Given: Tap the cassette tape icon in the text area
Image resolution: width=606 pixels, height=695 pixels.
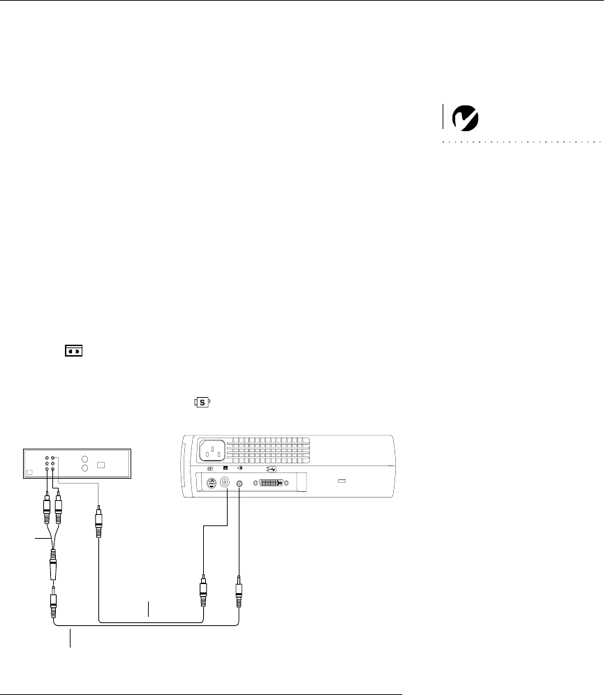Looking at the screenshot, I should point(74,351).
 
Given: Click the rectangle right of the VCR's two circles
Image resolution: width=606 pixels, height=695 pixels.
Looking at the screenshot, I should point(102,465).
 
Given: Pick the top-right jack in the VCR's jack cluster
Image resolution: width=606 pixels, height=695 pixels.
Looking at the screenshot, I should point(54,458).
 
